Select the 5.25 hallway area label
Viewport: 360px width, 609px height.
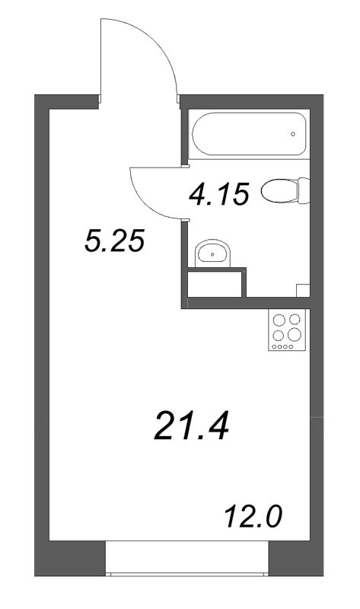[x=114, y=243]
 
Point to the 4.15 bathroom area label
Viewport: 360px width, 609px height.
[x=218, y=195]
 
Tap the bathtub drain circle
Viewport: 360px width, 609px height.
[x=293, y=135]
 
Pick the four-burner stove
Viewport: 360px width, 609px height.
[x=288, y=330]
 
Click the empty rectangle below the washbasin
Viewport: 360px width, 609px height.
[x=215, y=285]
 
